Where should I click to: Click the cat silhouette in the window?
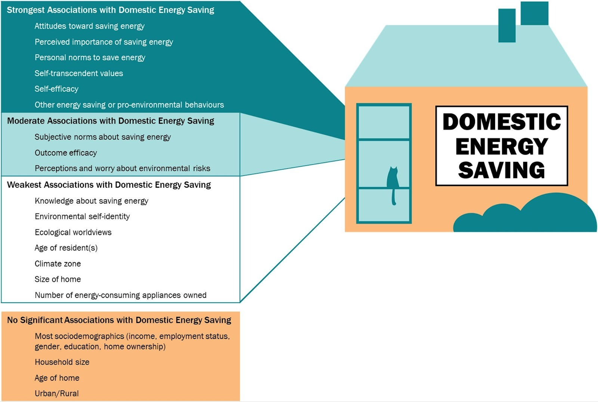pos(392,179)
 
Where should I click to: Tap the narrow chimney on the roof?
pos(507,25)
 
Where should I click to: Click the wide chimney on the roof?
pos(534,13)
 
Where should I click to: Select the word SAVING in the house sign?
pos(502,170)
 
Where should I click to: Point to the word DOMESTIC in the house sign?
pos(502,122)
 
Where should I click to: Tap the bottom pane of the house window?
pos(384,205)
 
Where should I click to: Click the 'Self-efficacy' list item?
pos(56,89)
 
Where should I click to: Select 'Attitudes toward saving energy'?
pos(89,26)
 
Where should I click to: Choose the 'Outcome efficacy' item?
pos(66,153)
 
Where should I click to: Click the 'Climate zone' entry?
pos(58,264)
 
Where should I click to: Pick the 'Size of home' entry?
pos(58,279)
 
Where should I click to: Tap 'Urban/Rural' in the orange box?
pos(56,393)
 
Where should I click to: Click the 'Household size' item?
pos(62,362)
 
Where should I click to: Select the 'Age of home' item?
pos(57,378)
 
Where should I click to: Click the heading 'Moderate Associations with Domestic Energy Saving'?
pos(111,121)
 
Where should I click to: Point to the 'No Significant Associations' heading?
pos(119,320)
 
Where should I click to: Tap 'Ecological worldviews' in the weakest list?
pos(73,232)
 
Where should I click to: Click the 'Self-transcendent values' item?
pos(78,73)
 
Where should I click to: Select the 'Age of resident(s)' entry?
pos(66,248)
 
